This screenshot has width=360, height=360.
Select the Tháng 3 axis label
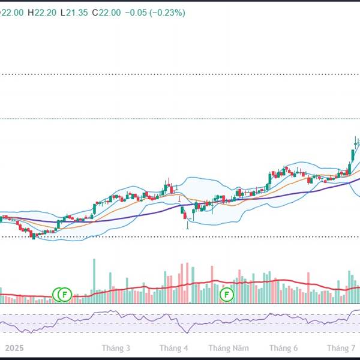116,348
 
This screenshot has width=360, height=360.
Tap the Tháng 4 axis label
174,348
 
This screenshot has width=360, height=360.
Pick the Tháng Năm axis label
229,348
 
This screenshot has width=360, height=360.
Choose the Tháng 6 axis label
284,348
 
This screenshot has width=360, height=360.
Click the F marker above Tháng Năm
227,294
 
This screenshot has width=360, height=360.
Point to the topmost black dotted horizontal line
180,74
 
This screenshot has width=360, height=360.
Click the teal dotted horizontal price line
180,118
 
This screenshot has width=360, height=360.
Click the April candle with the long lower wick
187,217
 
